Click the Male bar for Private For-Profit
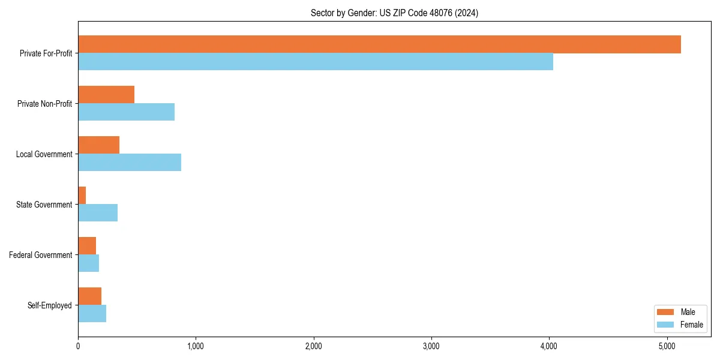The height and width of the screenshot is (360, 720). point(379,44)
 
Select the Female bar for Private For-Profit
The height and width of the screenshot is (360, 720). point(316,62)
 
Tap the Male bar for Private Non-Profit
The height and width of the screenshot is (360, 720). point(106,95)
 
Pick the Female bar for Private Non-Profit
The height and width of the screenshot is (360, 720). point(126,112)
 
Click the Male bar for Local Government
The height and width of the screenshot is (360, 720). point(98,145)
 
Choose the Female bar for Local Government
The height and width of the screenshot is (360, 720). point(130,163)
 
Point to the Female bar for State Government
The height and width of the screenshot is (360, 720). point(98,213)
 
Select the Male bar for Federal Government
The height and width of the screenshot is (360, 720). point(87,246)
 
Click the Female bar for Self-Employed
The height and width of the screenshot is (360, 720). point(92,314)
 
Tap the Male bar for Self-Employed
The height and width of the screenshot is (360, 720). point(89,296)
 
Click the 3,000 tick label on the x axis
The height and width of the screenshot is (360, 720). point(431,346)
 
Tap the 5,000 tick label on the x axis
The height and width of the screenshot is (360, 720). point(667,346)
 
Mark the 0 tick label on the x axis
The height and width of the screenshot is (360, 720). point(78,346)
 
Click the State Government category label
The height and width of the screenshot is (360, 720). point(44,205)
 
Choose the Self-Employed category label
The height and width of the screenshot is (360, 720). point(50,305)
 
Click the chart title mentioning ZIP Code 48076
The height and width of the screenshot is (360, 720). point(394,13)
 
